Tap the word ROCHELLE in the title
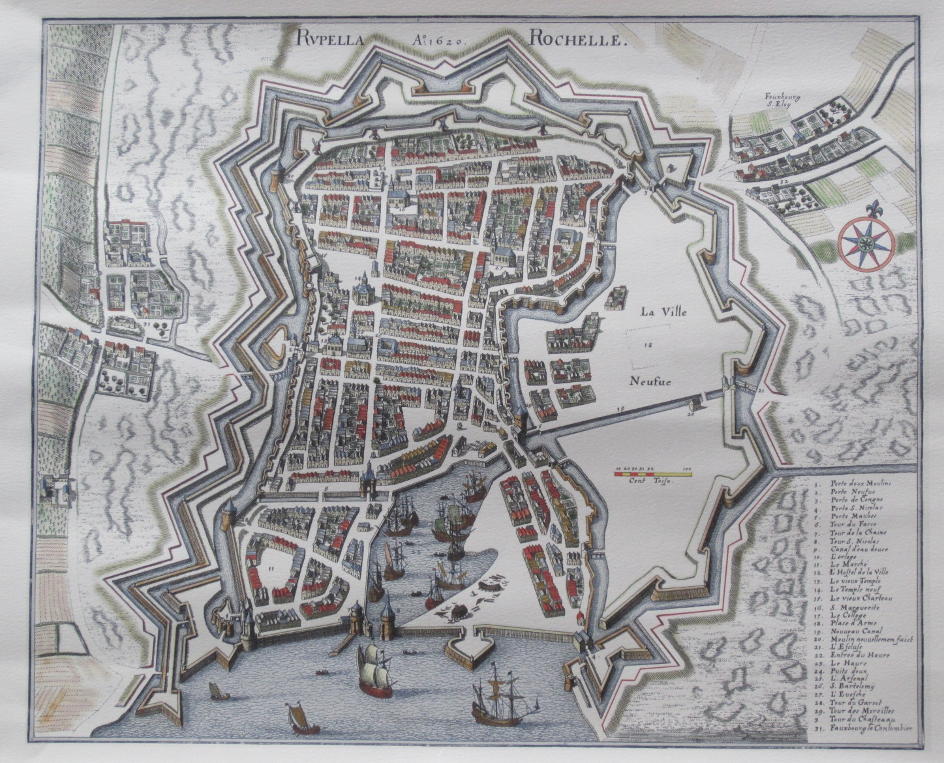tap(577, 39)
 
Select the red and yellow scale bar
tap(652, 474)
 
